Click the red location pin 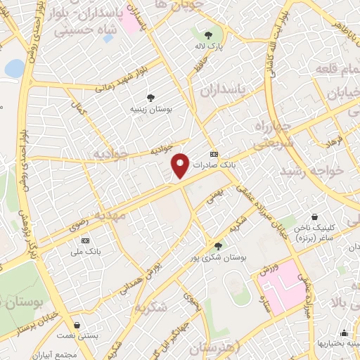point(181,165)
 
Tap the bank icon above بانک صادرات point(214,155)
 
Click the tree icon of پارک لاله point(208,34)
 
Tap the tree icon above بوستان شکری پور point(218,246)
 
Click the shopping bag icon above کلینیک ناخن point(316,217)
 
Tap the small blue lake point(14,68)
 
